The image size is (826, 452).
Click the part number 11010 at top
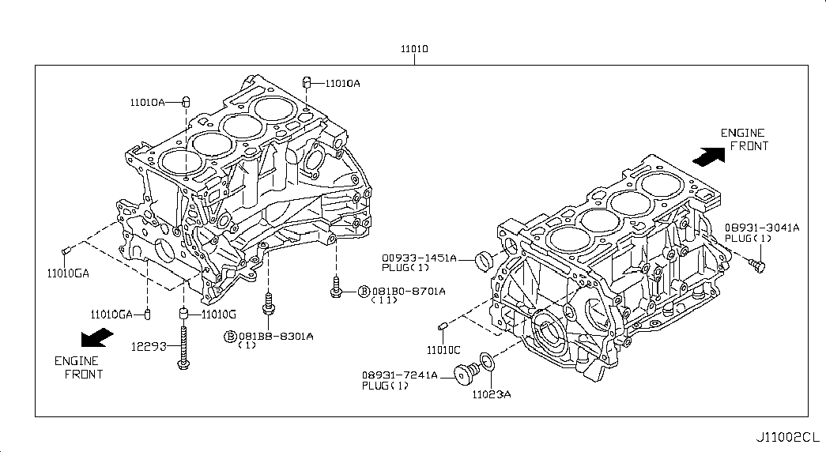pos(413,49)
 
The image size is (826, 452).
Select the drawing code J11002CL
pos(787,436)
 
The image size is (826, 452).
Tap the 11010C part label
pos(443,349)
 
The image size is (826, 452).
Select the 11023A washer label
pos(492,393)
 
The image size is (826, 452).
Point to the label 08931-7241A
pos(399,375)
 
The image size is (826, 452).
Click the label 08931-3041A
pos(761,228)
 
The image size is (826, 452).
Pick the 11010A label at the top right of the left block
pos(342,83)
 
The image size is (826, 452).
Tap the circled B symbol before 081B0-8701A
pos(364,291)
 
